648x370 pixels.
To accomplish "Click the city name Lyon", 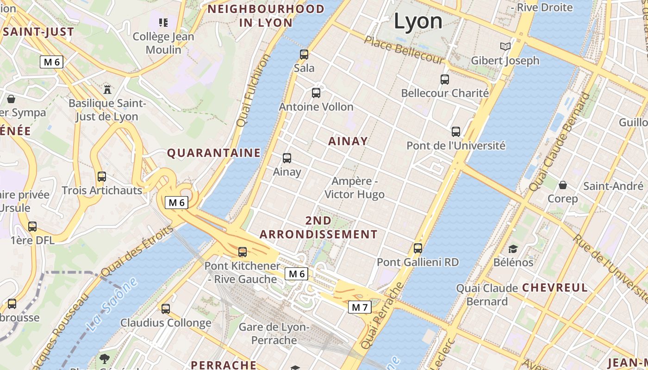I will (418, 21).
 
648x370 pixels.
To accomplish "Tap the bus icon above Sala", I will (304, 54).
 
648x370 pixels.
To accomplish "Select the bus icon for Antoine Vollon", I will (316, 93).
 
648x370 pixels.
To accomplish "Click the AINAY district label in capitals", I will (348, 141).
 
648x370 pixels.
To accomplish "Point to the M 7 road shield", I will (360, 307).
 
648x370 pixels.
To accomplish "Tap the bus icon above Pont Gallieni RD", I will (418, 248).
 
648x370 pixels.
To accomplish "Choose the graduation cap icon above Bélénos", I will (513, 249).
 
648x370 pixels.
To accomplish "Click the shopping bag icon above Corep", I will (563, 185).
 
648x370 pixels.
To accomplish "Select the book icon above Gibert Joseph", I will (505, 47).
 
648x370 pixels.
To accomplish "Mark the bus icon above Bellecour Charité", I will (445, 79).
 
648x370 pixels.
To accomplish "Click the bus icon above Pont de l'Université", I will (456, 132).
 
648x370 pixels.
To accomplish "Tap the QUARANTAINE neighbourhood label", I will (214, 153).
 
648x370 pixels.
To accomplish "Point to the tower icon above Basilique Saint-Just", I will (107, 89).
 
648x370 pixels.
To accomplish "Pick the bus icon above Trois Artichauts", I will (102, 177).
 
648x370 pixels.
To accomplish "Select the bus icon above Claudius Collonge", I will (166, 309).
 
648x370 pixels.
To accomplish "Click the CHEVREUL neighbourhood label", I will (555, 288).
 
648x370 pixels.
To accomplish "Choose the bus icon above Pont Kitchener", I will (243, 252).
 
